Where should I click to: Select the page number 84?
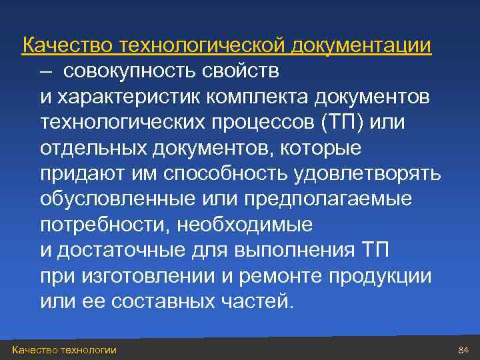pyautogui.click(x=464, y=350)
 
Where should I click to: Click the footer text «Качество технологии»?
pyautogui.click(x=64, y=350)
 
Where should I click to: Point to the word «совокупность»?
pyautogui.click(x=125, y=71)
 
